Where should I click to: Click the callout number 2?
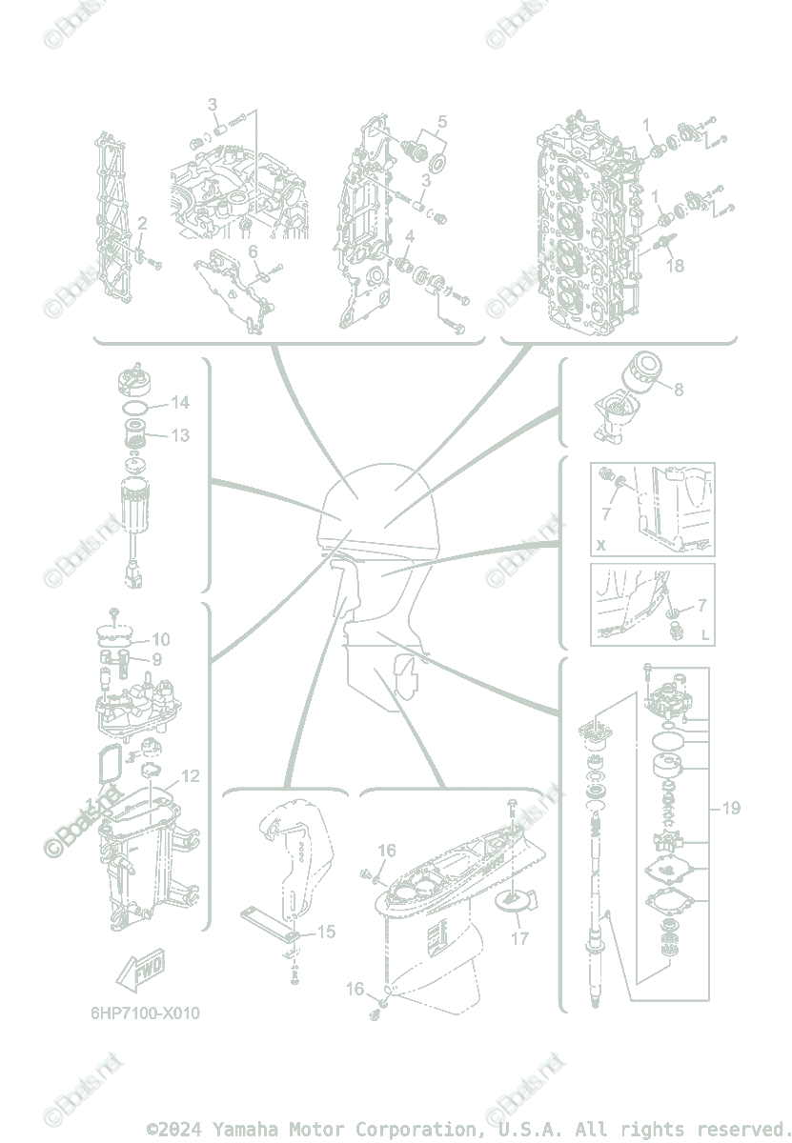tap(142, 224)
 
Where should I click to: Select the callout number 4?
tap(409, 236)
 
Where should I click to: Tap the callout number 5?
tap(442, 122)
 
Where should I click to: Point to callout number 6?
tap(254, 251)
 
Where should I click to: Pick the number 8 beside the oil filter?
tap(679, 390)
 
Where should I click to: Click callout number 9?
tap(156, 658)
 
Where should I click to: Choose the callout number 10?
tap(160, 639)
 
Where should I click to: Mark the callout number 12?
tap(191, 776)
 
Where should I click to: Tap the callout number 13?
tap(179, 435)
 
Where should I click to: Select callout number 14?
tap(179, 403)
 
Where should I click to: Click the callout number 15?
tap(326, 932)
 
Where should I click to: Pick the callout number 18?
tap(675, 266)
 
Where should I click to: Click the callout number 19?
tap(731, 809)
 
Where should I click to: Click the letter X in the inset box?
tap(600, 546)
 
